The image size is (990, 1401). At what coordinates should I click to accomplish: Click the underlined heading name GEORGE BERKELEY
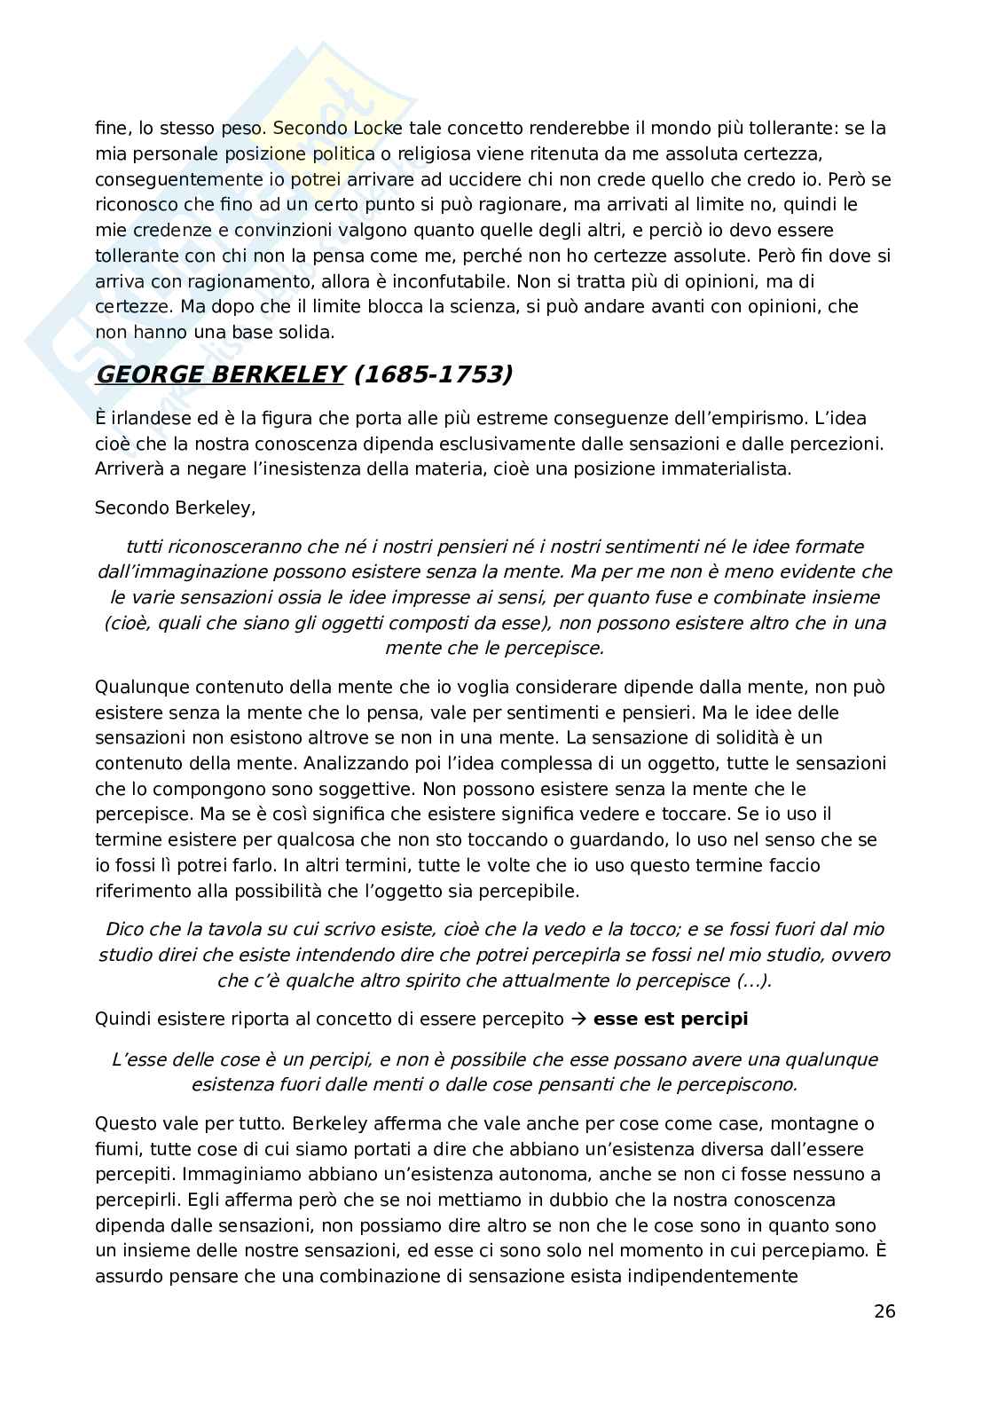coord(219,374)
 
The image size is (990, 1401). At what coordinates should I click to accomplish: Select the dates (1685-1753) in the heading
coord(433,374)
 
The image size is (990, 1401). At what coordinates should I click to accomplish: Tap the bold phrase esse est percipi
coord(671,1019)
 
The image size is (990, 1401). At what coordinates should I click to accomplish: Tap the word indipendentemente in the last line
coord(717,1278)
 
